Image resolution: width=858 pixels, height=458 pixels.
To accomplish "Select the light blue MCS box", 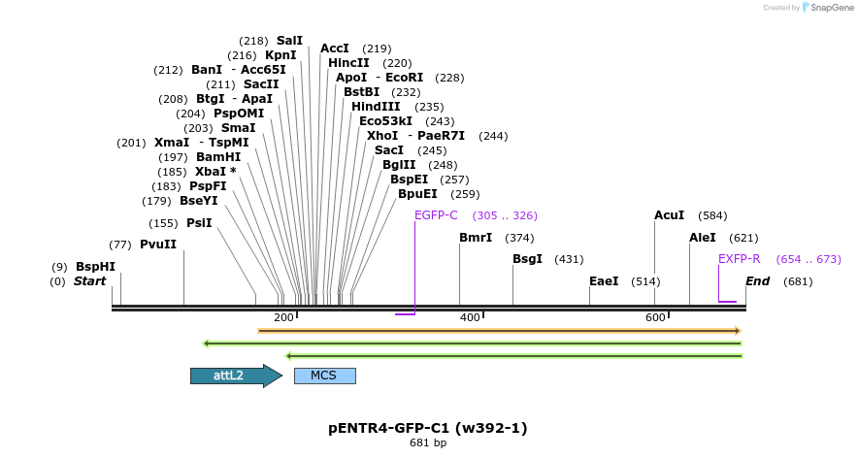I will (x=324, y=376).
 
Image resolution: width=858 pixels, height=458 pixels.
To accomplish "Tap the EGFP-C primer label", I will (x=436, y=215).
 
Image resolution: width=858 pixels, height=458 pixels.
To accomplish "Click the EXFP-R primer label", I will (x=740, y=259).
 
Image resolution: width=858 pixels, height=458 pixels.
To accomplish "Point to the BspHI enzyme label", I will (x=95, y=267).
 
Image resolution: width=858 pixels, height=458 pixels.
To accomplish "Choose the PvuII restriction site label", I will (x=158, y=245).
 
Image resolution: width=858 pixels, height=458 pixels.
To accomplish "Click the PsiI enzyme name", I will (x=199, y=223).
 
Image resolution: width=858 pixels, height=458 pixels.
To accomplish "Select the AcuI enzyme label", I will (x=670, y=215).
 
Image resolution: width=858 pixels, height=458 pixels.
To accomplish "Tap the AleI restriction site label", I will (x=703, y=238).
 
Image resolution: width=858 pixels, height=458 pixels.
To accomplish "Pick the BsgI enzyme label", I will (x=527, y=259).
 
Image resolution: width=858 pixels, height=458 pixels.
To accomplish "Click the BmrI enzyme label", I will (x=476, y=238).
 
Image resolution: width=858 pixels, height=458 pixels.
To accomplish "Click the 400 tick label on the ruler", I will (x=470, y=318).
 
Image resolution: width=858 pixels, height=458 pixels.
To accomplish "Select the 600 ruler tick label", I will (x=655, y=318).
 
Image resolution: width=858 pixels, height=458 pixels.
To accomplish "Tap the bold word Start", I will (x=89, y=281).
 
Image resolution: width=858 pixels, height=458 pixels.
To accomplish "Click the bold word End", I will (x=758, y=281).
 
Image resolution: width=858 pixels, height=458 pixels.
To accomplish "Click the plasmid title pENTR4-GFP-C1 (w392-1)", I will (x=428, y=428).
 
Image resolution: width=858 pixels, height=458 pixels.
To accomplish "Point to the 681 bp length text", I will (x=428, y=443).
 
